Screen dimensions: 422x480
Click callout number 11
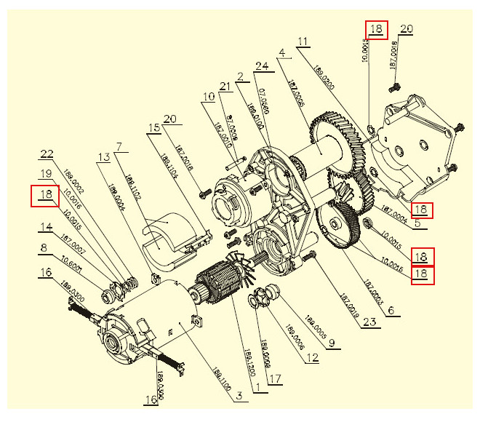(x=303, y=41)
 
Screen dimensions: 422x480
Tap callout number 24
(x=261, y=66)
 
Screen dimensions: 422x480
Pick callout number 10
(x=209, y=97)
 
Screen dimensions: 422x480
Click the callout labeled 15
(x=153, y=127)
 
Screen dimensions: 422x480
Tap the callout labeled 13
(x=103, y=156)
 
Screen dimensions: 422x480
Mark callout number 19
(x=46, y=175)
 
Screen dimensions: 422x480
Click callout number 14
(x=47, y=226)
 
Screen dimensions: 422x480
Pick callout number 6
(x=391, y=310)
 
